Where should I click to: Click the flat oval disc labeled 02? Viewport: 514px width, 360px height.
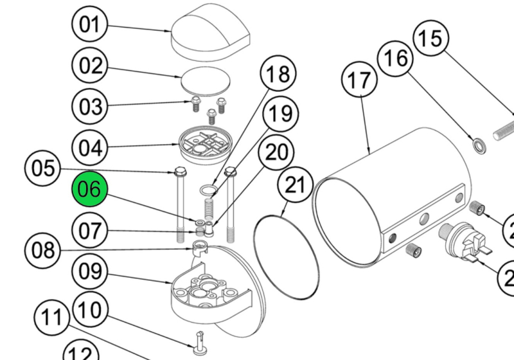pyautogui.click(x=206, y=82)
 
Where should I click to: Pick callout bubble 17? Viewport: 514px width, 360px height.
pyautogui.click(x=360, y=80)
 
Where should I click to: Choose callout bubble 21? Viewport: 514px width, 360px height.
pyautogui.click(x=295, y=186)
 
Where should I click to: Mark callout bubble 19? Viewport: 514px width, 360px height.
pyautogui.click(x=280, y=114)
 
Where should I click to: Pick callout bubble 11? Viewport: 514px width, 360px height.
pyautogui.click(x=53, y=318)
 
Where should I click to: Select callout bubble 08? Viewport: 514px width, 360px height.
pyautogui.click(x=44, y=249)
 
